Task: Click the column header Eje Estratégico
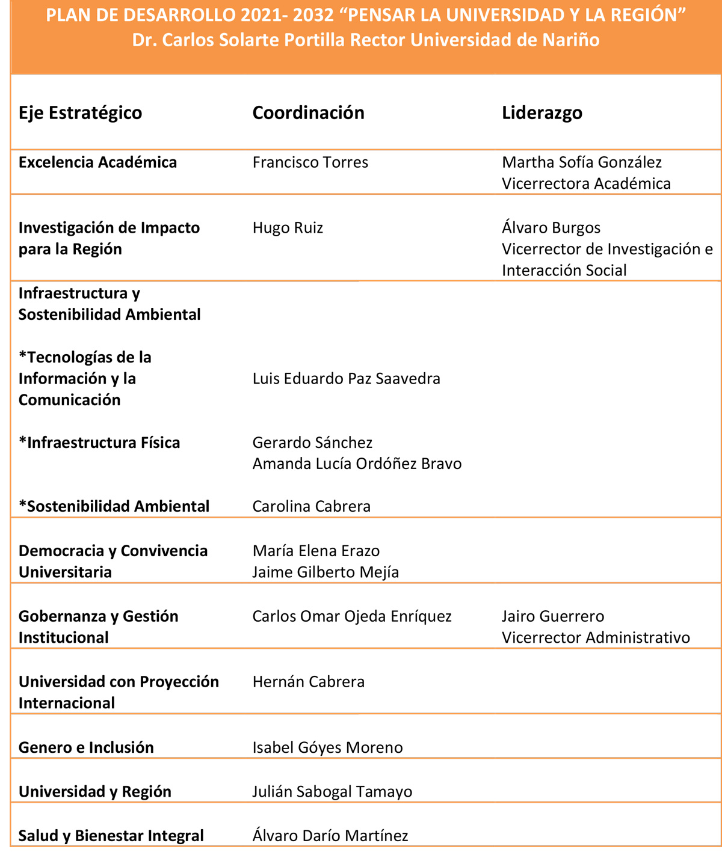click(80, 113)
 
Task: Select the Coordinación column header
click(308, 113)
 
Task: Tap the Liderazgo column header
click(541, 113)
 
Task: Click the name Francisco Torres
click(310, 162)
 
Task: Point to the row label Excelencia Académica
click(97, 162)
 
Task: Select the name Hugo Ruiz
click(288, 228)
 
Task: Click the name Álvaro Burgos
click(551, 228)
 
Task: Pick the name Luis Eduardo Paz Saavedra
click(346, 379)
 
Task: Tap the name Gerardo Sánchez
click(312, 443)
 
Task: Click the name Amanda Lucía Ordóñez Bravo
click(357, 464)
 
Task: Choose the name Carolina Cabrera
click(311, 506)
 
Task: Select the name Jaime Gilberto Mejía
click(326, 572)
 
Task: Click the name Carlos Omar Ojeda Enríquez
click(351, 616)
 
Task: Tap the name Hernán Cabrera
click(308, 682)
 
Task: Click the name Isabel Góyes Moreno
click(327, 748)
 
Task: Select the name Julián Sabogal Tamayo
click(332, 792)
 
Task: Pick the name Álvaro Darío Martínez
click(330, 836)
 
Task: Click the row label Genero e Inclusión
click(86, 748)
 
